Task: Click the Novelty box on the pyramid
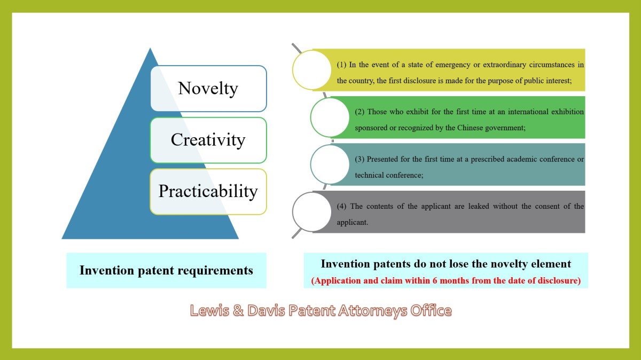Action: click(209, 89)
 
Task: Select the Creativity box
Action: click(209, 140)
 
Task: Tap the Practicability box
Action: click(209, 191)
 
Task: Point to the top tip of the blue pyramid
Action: click(150, 48)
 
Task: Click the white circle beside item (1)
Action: click(312, 70)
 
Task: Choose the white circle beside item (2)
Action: click(330, 118)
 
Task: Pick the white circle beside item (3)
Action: click(330, 165)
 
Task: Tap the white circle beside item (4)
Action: click(312, 212)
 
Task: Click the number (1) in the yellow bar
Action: click(341, 65)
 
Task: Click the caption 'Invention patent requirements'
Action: click(166, 270)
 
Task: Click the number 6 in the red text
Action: click(435, 280)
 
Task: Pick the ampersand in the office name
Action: click(238, 310)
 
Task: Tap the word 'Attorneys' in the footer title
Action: click(373, 311)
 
